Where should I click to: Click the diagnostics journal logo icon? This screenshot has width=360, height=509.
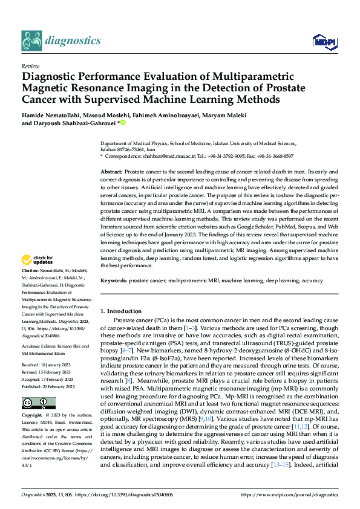31,41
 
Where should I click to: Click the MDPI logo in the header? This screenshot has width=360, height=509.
324,41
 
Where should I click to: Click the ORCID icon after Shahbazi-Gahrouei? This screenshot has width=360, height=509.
123,123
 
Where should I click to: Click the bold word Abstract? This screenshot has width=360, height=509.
111,172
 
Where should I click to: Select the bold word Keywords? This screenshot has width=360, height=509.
113,281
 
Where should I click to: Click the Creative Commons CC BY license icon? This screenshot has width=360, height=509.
36,402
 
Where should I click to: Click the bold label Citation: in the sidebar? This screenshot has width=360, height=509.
30,287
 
